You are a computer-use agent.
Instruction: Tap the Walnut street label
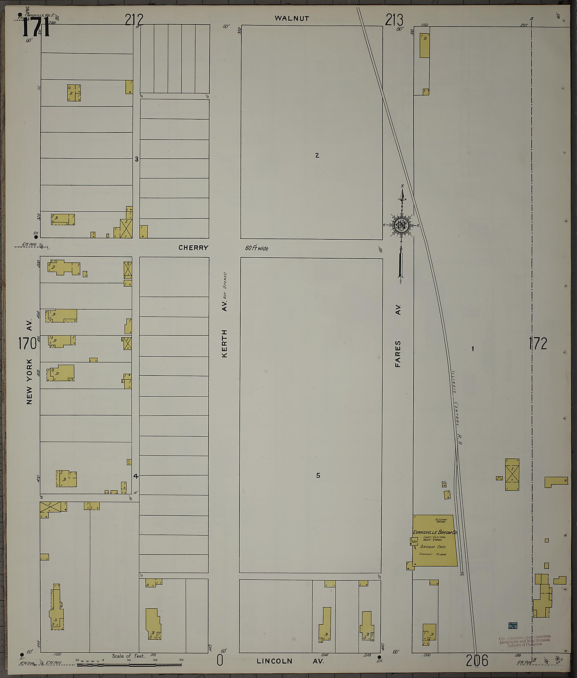coord(292,18)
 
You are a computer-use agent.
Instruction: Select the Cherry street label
coord(193,248)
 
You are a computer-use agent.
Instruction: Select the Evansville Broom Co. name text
coord(435,532)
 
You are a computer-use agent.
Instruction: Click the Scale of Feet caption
coord(128,656)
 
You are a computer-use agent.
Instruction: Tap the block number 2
coord(317,155)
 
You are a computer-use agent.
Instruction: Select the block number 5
coord(318,476)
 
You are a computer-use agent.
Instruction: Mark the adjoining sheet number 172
coord(538,344)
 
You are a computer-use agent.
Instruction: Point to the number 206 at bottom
coord(477,660)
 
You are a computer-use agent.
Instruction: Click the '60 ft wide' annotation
coord(257,248)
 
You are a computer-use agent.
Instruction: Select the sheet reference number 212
coord(134,20)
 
